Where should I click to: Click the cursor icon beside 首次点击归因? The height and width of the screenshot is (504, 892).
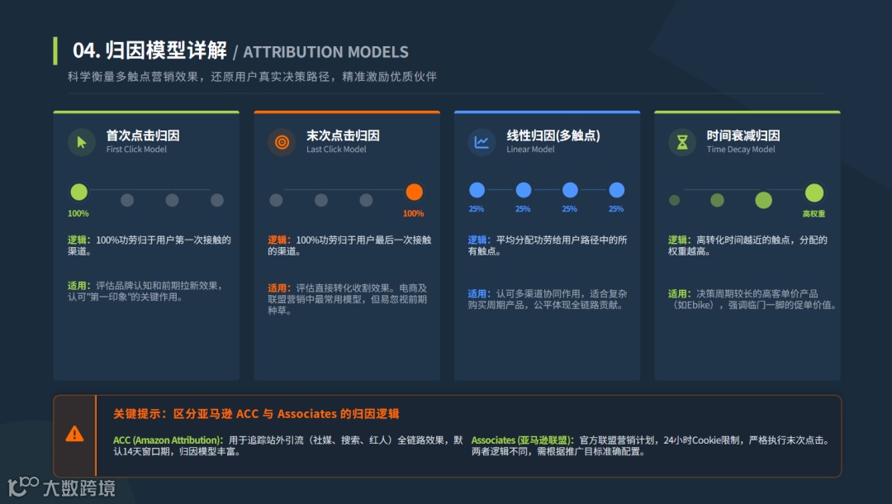coord(81,142)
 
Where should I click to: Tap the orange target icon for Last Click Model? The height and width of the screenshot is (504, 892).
coord(282,142)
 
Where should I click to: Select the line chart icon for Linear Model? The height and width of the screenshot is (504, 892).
coord(482,142)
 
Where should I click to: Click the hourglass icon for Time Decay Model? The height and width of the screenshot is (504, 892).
coord(682,142)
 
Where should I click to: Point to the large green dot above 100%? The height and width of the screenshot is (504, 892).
coord(78,193)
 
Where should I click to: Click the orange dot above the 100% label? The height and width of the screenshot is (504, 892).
coord(415,193)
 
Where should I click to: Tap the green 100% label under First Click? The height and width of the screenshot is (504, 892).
coord(78,214)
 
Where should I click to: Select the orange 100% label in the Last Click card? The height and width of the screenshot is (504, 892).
coord(413,214)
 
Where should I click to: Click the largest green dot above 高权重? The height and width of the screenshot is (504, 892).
coord(814,193)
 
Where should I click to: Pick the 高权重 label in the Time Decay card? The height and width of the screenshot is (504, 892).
coord(814,214)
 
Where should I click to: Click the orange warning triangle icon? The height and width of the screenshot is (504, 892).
coord(74,434)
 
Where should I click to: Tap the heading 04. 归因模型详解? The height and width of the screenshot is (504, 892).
coord(149,50)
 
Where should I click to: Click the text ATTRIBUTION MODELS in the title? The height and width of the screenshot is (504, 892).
coord(325,52)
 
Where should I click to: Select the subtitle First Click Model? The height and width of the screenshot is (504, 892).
coord(136,150)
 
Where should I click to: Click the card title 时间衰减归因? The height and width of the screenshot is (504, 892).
coord(743,136)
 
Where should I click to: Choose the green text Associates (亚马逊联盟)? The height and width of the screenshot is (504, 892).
coord(518,440)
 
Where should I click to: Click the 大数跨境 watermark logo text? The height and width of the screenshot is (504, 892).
coord(78,487)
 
